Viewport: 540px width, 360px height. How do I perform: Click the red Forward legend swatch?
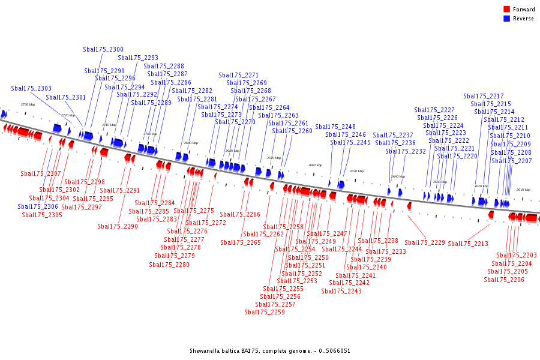(x=506, y=10)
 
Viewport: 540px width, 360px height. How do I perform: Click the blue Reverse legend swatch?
(x=506, y=19)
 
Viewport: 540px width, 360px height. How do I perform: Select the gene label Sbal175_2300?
(x=103, y=50)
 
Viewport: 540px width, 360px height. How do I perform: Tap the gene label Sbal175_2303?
(x=31, y=89)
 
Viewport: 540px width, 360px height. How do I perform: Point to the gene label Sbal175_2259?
(x=265, y=313)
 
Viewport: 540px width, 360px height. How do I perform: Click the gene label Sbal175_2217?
(x=484, y=97)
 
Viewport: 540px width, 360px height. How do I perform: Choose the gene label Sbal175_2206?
(x=504, y=280)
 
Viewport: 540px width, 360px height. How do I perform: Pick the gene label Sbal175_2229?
(x=425, y=243)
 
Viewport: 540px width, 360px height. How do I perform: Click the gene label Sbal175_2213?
(x=468, y=244)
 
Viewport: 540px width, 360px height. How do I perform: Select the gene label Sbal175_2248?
(x=335, y=127)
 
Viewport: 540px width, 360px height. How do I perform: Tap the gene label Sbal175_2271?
(x=239, y=76)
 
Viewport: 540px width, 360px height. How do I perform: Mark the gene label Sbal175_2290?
(x=118, y=227)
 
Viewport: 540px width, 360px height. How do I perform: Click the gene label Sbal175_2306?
(x=38, y=207)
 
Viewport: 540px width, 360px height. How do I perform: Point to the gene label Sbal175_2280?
(x=169, y=265)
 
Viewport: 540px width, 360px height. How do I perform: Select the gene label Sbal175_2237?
(x=393, y=136)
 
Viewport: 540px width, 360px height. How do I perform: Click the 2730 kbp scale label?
(x=28, y=104)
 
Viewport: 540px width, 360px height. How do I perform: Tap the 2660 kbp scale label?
(x=315, y=165)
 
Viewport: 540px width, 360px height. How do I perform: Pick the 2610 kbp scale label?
(x=523, y=190)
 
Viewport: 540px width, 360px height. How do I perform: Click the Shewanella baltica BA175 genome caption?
(x=270, y=351)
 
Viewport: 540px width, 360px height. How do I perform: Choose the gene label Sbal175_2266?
(x=240, y=215)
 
